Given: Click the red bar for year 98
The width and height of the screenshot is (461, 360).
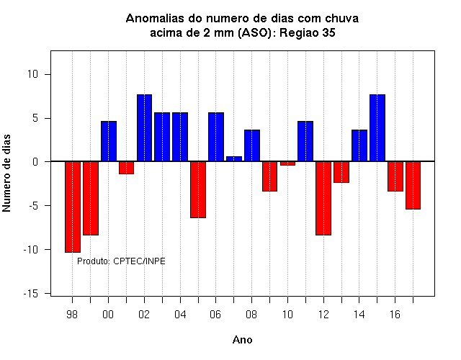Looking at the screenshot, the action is (x=73, y=207).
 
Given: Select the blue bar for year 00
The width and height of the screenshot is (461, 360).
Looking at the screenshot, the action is (x=109, y=141).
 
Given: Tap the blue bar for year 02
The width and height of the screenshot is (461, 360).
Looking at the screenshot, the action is (x=144, y=128).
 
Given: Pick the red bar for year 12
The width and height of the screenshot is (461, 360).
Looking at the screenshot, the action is (x=323, y=199).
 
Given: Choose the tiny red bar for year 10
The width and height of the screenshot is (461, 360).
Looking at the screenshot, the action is (x=287, y=163).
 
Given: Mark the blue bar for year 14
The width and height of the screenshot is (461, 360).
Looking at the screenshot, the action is (x=359, y=145).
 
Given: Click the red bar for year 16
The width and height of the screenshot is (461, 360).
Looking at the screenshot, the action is (x=395, y=176).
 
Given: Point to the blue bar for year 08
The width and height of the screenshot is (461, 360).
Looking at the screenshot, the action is (x=252, y=145).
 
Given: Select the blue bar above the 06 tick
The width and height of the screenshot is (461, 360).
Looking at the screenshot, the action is (x=216, y=137).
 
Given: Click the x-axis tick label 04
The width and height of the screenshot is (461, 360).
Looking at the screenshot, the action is (x=180, y=315).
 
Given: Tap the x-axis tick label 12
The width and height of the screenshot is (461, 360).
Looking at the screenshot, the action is (x=323, y=315).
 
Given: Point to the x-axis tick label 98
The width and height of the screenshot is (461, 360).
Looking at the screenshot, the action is (x=72, y=315).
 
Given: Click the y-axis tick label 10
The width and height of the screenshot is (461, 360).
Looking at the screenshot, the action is (x=33, y=74).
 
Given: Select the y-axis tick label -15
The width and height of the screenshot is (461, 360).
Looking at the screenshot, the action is (x=31, y=293).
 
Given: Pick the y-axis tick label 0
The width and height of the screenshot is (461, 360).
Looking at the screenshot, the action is (x=35, y=161).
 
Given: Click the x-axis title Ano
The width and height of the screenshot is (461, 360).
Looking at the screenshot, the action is (x=243, y=340).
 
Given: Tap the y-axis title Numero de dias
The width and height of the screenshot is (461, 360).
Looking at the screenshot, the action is (x=6, y=173).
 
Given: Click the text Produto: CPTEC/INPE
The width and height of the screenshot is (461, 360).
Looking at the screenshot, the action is (x=121, y=261).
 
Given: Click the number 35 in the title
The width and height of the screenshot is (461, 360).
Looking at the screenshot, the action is (x=328, y=32).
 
